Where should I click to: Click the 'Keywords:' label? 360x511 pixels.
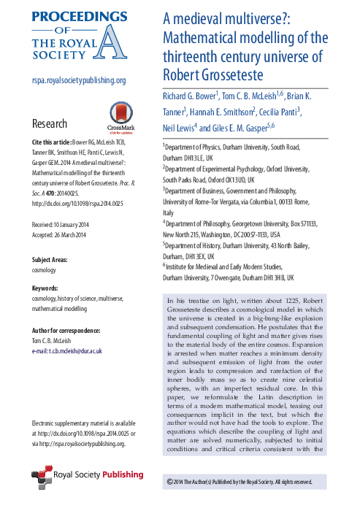[45, 289]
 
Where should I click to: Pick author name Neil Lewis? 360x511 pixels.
[182, 128]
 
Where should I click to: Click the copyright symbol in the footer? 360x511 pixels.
[170, 482]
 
